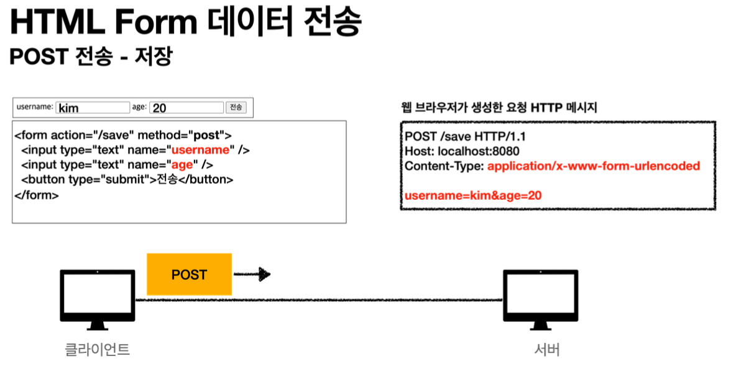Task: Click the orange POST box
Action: pyautogui.click(x=189, y=274)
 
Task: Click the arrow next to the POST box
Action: pyautogui.click(x=252, y=274)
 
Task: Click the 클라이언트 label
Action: pyautogui.click(x=98, y=349)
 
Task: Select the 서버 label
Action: pyautogui.click(x=546, y=349)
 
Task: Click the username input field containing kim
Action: pyautogui.click(x=93, y=108)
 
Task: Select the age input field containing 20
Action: pyautogui.click(x=186, y=108)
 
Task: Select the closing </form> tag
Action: pyautogui.click(x=37, y=195)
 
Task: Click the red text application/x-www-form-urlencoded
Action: pyautogui.click(x=594, y=166)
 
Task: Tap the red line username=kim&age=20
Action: pyautogui.click(x=473, y=195)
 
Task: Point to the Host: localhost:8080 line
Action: pyautogui.click(x=462, y=151)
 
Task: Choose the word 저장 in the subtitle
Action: pyautogui.click(x=155, y=56)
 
